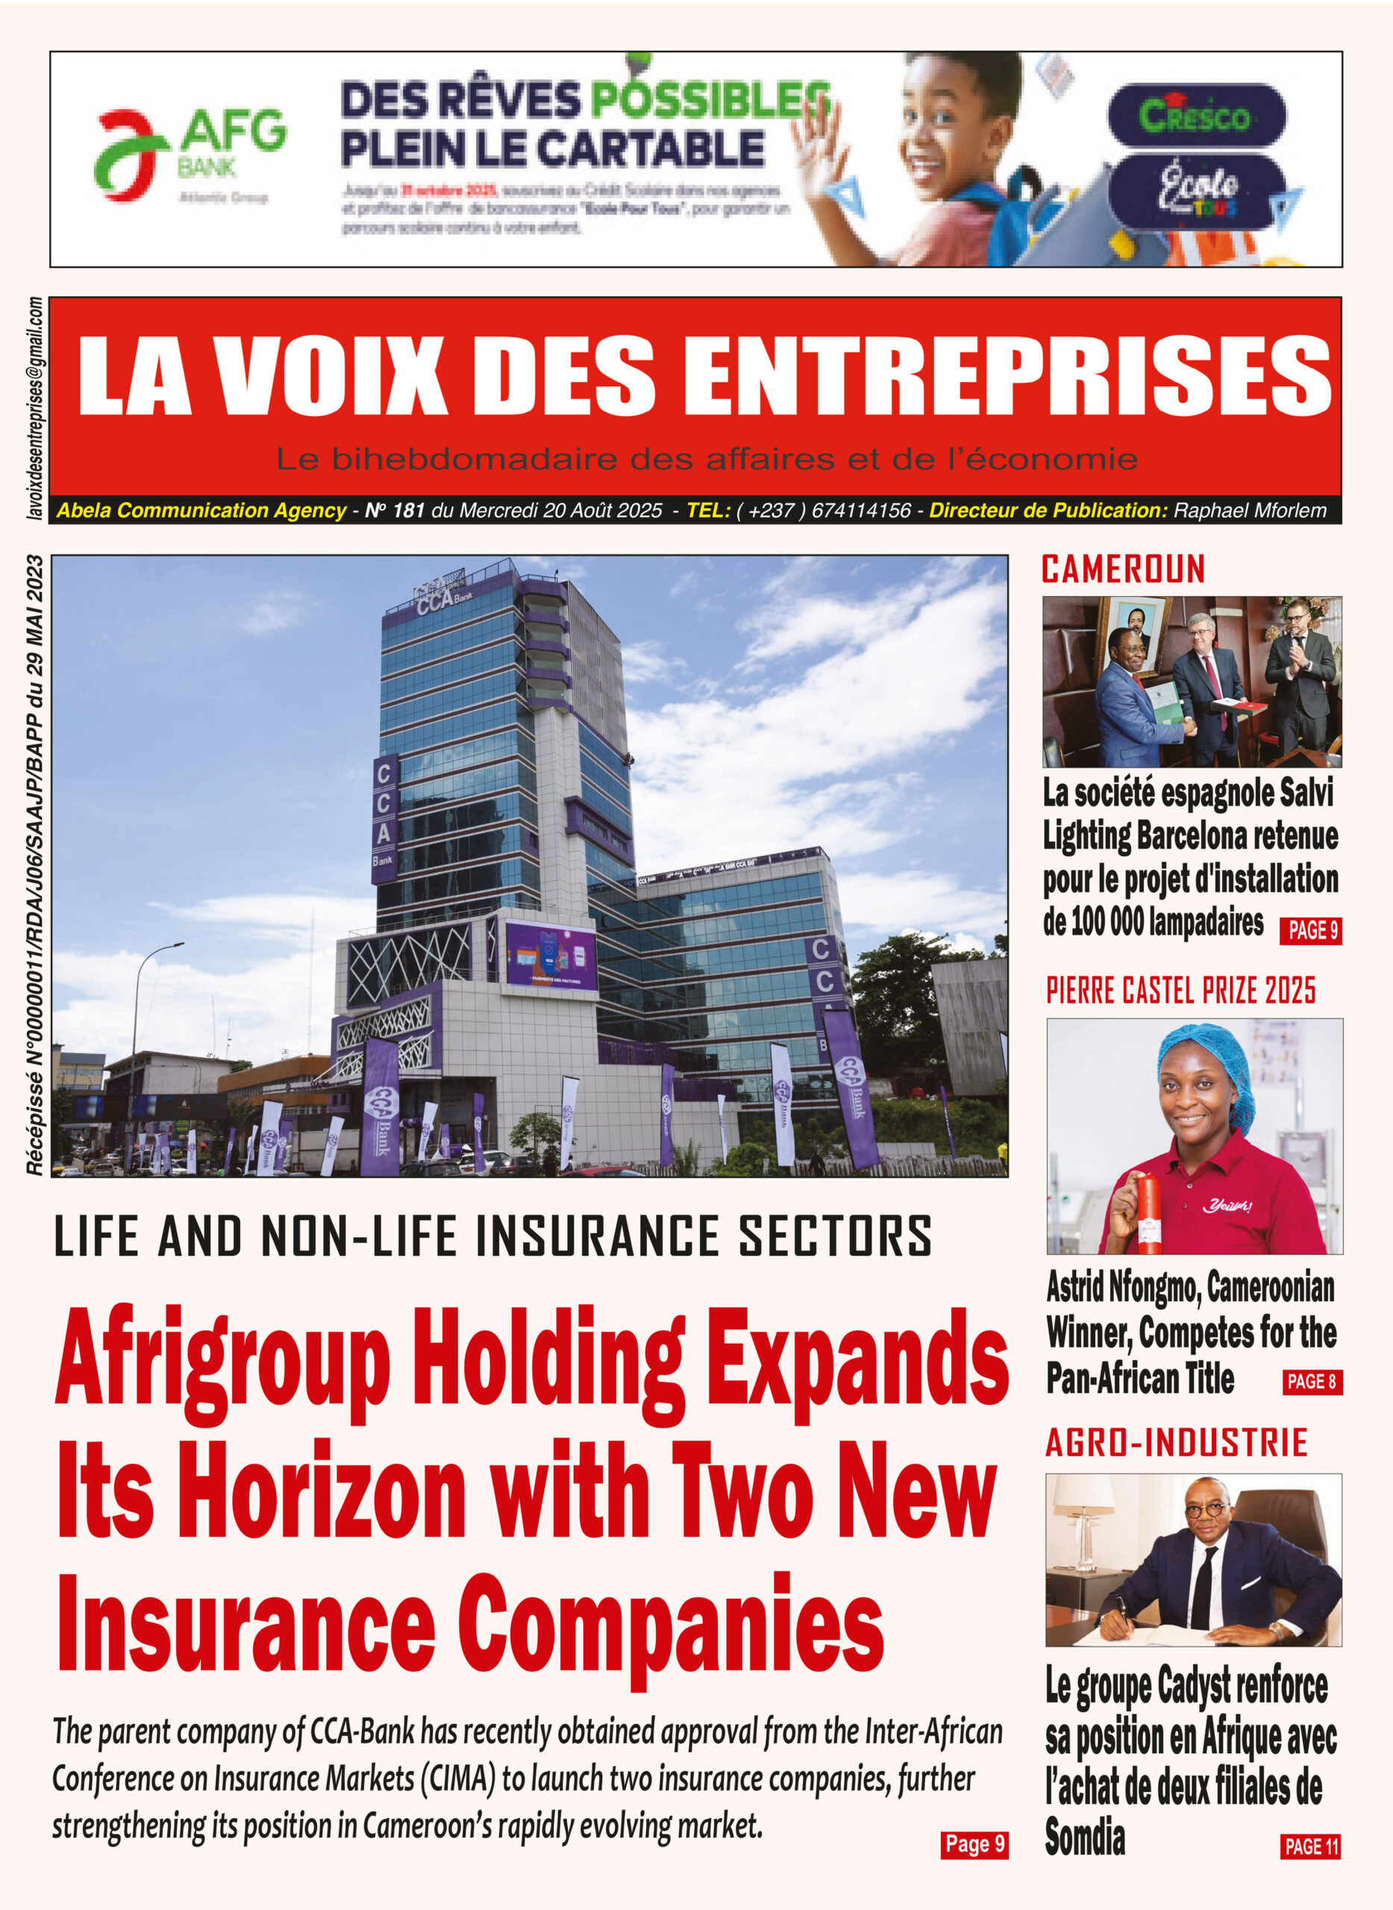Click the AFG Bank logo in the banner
(190, 154)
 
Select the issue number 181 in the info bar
(408, 510)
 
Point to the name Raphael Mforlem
(1250, 510)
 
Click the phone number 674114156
(861, 510)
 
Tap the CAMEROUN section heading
(1123, 569)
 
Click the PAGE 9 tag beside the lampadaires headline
(1310, 930)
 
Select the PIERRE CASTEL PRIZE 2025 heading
(1180, 991)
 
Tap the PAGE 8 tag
(1311, 1381)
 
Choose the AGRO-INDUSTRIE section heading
(1177, 1443)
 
